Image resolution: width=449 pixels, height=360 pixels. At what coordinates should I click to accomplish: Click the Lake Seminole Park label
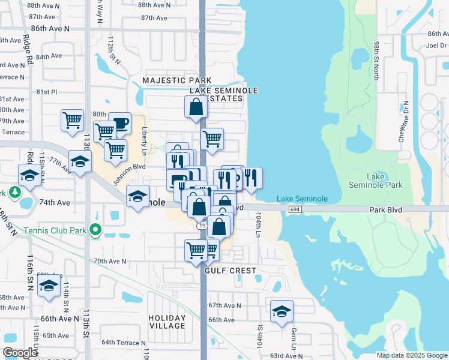[x=385, y=181]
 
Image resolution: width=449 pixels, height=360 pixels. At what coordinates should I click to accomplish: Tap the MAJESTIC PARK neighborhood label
[x=176, y=80]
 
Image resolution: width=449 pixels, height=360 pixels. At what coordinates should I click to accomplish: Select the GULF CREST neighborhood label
[x=231, y=271]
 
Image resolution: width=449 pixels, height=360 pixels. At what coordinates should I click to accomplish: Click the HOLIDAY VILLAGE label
[x=167, y=322]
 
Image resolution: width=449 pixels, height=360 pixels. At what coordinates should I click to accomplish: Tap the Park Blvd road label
[x=386, y=209]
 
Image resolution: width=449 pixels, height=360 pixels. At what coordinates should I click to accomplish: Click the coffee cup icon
[x=119, y=123]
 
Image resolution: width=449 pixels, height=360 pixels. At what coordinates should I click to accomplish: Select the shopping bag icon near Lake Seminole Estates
[x=196, y=107]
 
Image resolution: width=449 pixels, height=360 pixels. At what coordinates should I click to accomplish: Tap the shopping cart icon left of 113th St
[x=73, y=119]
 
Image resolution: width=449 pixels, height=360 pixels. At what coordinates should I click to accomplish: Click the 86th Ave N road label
[x=50, y=28]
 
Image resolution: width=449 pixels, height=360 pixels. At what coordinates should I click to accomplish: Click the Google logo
[x=20, y=353]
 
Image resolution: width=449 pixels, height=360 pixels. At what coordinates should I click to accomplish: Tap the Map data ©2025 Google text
[x=411, y=355]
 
